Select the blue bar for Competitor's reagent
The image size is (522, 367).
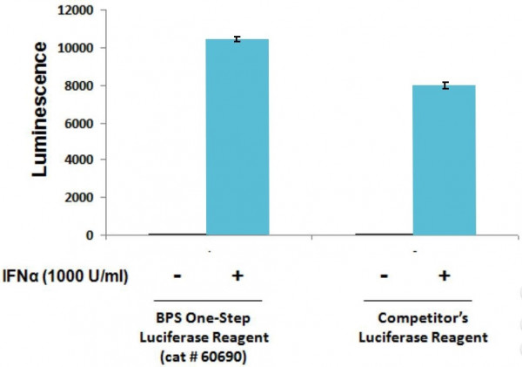pos(444,160)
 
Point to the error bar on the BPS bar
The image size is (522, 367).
pos(238,39)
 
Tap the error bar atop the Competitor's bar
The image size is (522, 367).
pos(444,85)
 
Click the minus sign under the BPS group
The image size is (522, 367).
pos(177,277)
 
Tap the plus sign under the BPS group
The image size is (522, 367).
pos(236,277)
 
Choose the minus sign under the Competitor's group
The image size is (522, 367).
pos(385,277)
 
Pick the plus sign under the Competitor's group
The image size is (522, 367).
pos(444,277)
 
